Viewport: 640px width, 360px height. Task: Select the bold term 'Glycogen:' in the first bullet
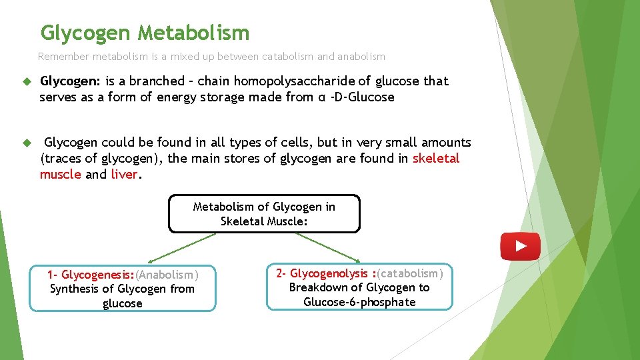tap(70, 81)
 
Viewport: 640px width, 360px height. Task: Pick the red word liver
tap(124, 175)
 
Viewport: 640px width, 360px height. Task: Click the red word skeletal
tap(436, 159)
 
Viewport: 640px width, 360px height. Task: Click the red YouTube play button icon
tap(520, 246)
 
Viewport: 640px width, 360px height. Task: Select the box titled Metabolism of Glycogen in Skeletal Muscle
tap(264, 214)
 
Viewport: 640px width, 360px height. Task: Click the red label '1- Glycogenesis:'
tap(91, 275)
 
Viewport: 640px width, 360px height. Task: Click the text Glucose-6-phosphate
tap(359, 302)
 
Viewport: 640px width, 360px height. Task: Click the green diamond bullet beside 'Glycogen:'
tap(27, 81)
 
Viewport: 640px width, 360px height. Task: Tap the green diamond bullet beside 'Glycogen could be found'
tap(27, 143)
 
